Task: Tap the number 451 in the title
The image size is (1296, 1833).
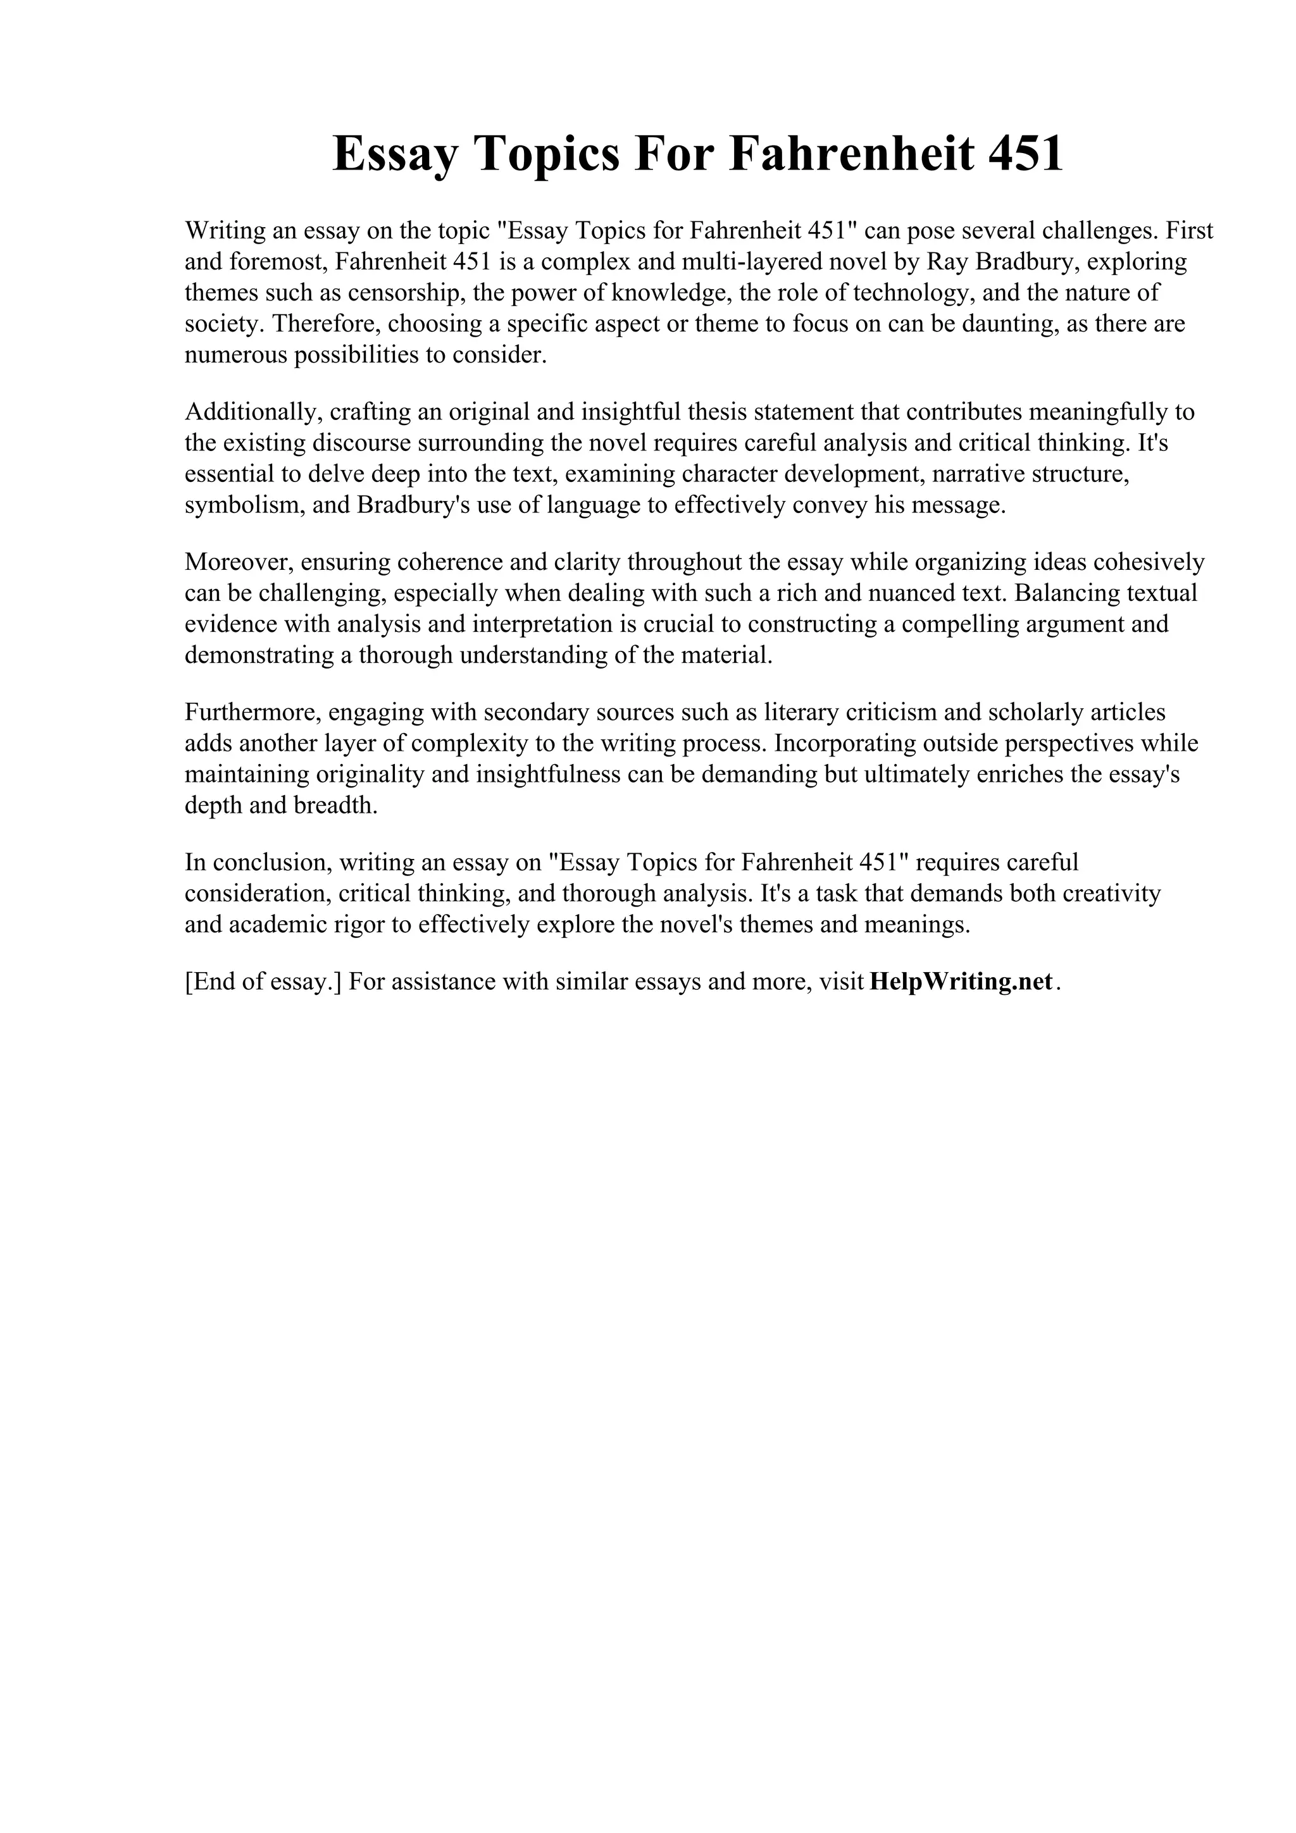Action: coord(1025,154)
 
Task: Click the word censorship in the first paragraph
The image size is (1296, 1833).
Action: coord(403,293)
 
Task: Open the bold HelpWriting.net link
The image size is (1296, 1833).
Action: coord(961,981)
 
